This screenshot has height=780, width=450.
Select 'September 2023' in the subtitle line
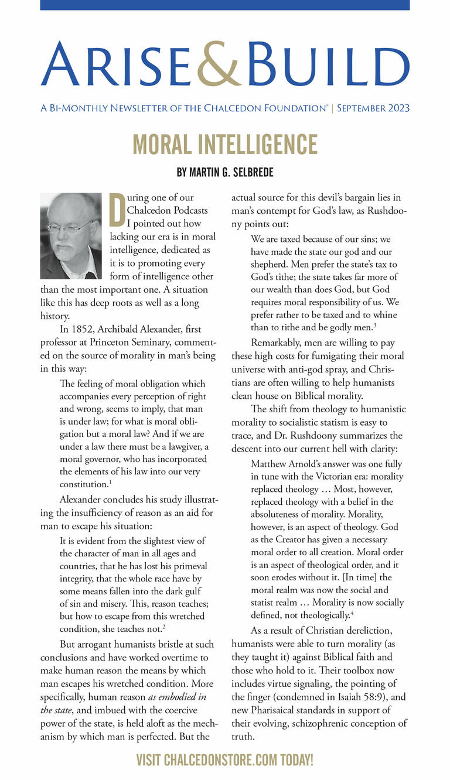tap(373, 108)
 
